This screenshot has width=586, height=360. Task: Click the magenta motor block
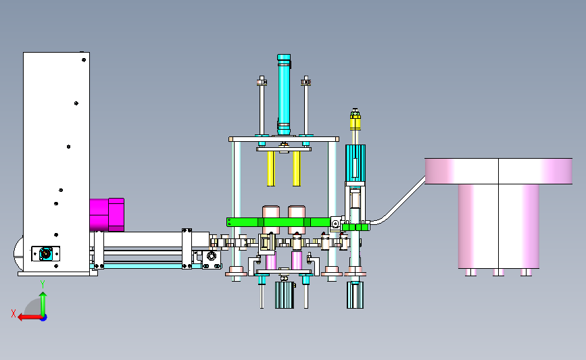pos(107,215)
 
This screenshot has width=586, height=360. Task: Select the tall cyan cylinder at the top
pos(284,95)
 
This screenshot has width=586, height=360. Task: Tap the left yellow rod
pos(270,168)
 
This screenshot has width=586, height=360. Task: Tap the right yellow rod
pos(296,168)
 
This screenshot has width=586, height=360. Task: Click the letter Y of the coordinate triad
pos(43,284)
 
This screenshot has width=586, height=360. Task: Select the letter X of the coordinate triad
pos(14,313)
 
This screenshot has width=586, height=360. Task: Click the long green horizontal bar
pos(278,222)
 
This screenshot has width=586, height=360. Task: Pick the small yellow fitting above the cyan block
pos(355,120)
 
